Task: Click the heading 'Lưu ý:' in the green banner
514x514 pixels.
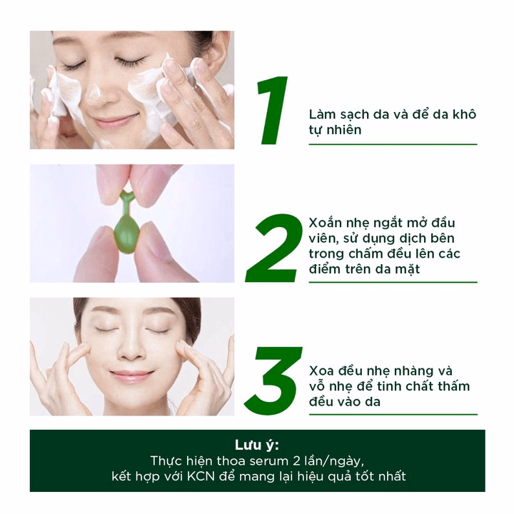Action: coord(256,445)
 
